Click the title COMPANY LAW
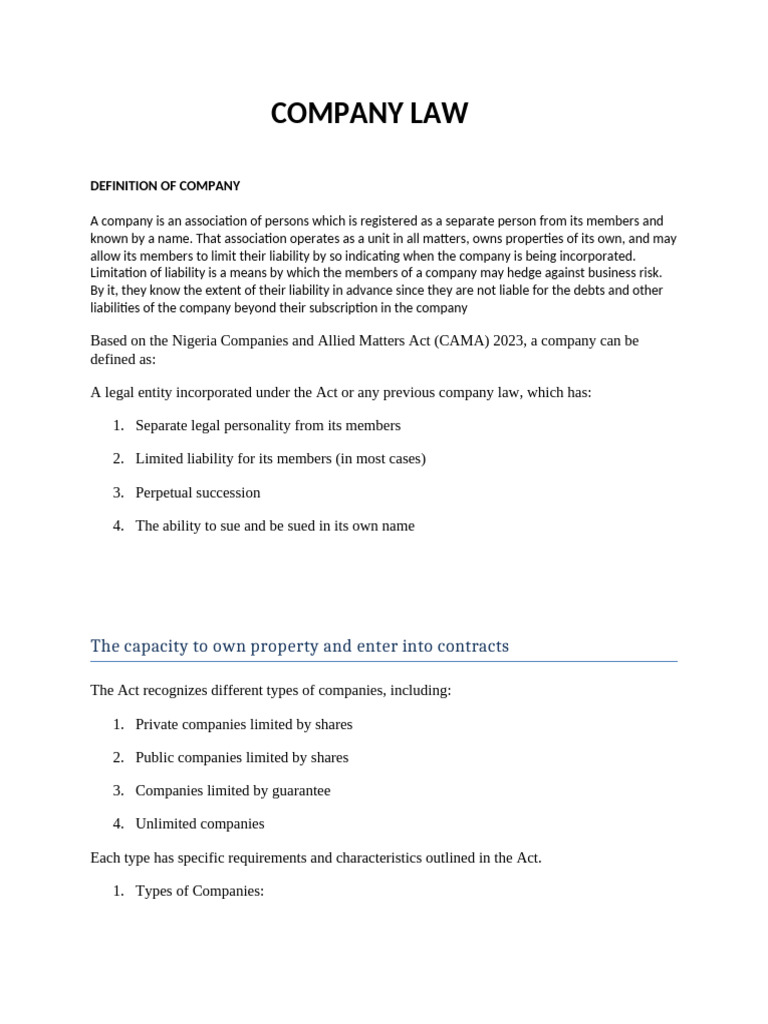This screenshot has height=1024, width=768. click(369, 114)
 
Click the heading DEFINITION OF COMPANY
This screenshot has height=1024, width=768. click(165, 186)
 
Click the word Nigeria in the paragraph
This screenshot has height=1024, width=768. click(196, 341)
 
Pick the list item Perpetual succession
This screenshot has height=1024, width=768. click(198, 493)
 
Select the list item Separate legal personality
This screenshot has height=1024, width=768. click(267, 426)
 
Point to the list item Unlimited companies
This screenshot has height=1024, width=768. click(200, 824)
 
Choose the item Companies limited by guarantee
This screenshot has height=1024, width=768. click(232, 791)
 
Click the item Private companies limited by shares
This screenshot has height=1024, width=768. click(243, 725)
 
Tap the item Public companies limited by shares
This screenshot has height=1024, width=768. click(241, 758)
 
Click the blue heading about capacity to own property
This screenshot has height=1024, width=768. click(299, 646)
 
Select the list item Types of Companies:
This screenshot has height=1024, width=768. click(199, 891)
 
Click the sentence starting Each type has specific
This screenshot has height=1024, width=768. click(315, 858)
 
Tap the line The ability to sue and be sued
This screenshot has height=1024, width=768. click(274, 526)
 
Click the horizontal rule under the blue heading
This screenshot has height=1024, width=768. click(383, 662)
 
